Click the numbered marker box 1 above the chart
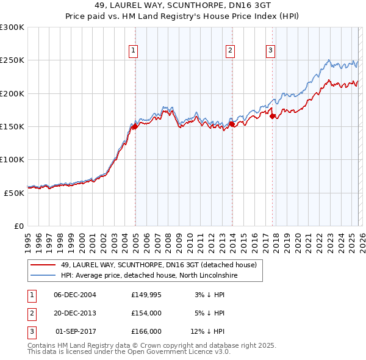(x=133, y=51)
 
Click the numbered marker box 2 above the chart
(x=230, y=51)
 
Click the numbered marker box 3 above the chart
(x=270, y=51)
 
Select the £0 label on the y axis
(x=19, y=226)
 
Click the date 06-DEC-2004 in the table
(x=75, y=295)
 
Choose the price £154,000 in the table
(x=146, y=313)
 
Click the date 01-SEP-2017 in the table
(x=75, y=331)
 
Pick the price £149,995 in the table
(x=146, y=295)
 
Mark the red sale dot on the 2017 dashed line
(x=273, y=116)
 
